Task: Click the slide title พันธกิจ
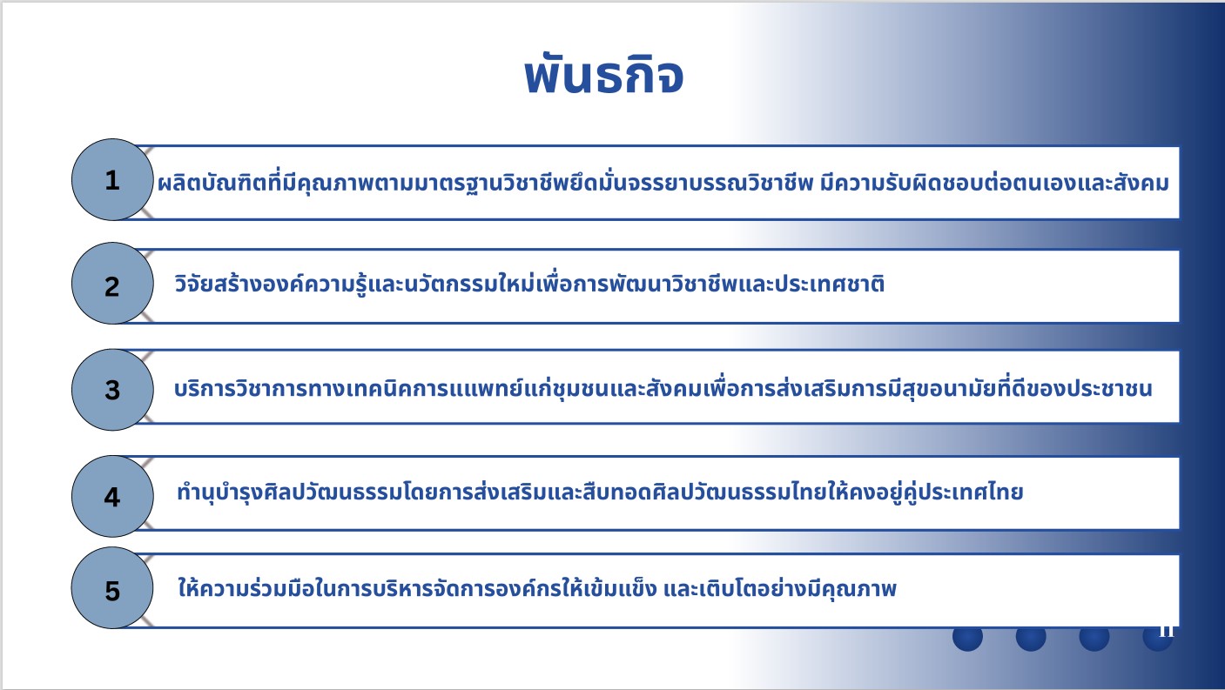point(603,75)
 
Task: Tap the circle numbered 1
point(112,180)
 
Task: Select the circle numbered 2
point(112,283)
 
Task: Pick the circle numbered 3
point(112,389)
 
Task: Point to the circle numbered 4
point(112,496)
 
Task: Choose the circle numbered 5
point(112,587)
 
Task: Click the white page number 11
point(1166,631)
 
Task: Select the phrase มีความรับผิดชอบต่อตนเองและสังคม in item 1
point(994,183)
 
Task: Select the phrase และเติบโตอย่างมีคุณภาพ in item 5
point(780,588)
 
